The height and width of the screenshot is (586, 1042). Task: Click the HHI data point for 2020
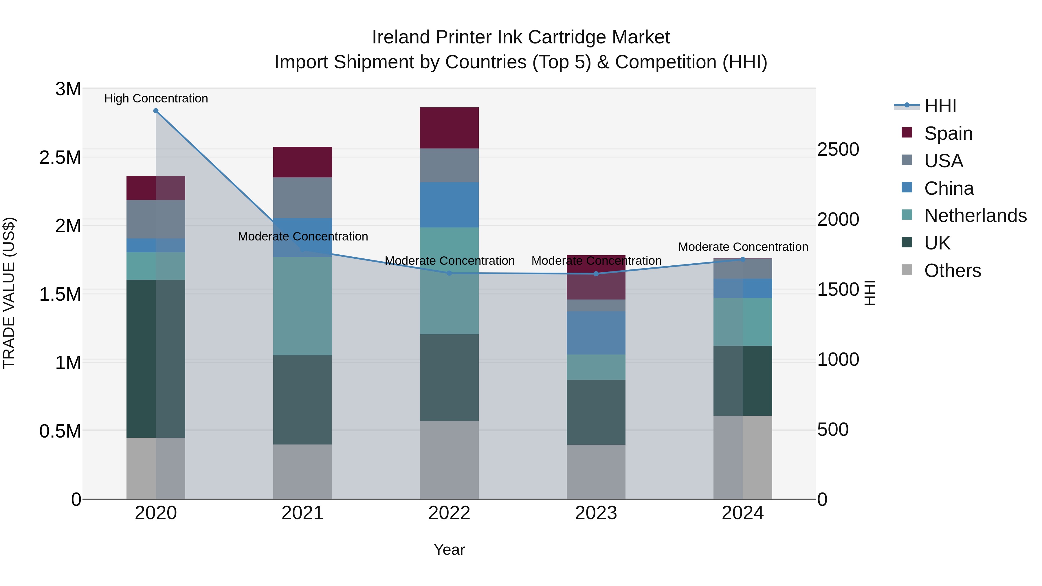click(x=156, y=111)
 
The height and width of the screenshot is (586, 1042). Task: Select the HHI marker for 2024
click(x=743, y=260)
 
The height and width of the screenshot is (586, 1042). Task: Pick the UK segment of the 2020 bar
click(x=156, y=359)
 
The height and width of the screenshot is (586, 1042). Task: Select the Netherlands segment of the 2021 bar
click(x=302, y=306)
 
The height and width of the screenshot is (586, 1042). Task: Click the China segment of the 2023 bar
click(x=596, y=333)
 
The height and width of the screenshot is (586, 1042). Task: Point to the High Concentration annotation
click(x=156, y=99)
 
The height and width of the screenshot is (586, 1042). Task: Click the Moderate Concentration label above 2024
click(x=743, y=247)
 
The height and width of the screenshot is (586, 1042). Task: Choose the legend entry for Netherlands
click(x=975, y=216)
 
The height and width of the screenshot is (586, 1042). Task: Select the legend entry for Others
click(x=952, y=271)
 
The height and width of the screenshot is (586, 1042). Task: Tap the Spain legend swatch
click(x=907, y=133)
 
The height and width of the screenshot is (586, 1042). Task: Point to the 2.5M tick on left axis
click(x=60, y=157)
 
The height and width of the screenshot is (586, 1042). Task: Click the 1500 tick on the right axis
click(x=838, y=290)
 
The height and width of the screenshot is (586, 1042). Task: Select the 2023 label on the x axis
click(x=596, y=513)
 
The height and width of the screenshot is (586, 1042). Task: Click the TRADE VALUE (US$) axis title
click(x=9, y=293)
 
